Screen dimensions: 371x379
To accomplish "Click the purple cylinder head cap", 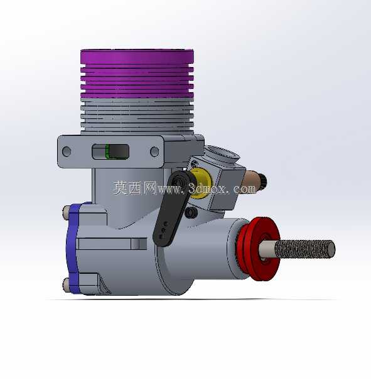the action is point(137,73).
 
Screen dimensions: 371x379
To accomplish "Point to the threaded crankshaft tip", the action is point(305,249).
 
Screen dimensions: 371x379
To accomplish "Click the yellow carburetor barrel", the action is point(200,182).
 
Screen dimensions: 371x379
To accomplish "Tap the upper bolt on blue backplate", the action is point(65,213).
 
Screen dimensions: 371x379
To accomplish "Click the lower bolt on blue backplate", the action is point(66,285).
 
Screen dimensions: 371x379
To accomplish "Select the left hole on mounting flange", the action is point(67,152).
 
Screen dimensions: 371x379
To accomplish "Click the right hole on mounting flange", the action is point(154,152).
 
